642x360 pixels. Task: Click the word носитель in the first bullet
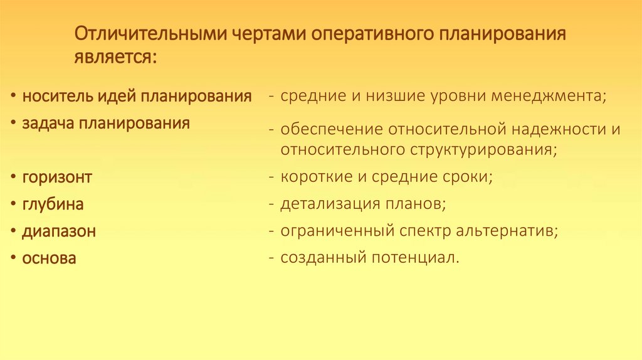(57, 97)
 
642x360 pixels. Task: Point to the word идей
(117, 97)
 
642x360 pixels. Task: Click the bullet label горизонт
(57, 177)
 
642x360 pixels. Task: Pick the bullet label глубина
(53, 204)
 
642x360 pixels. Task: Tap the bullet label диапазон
(59, 231)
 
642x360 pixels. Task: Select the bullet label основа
(49, 258)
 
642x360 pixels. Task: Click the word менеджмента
(550, 97)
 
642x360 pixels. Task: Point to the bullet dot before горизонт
(13, 177)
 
